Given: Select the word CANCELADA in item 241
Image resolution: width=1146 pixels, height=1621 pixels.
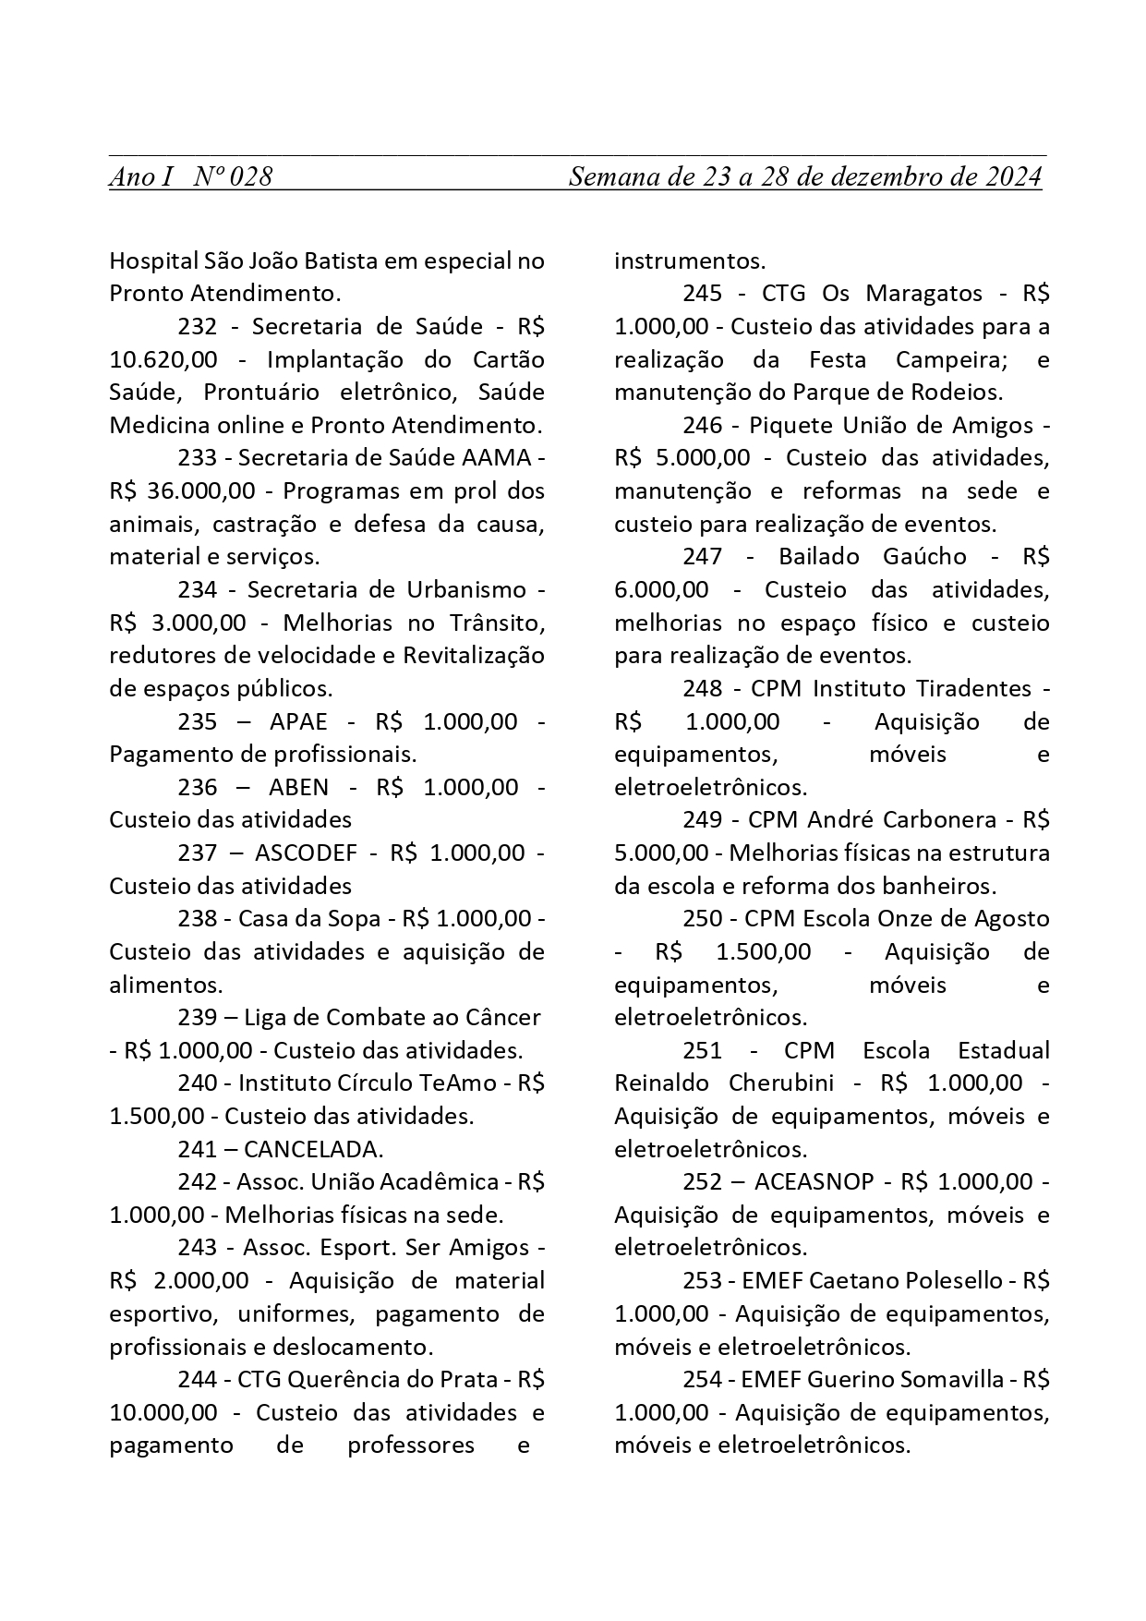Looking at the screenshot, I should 313,1149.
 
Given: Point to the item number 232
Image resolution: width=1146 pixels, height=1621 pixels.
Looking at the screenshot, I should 198,326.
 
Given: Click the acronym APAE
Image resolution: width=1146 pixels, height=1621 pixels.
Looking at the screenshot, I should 298,721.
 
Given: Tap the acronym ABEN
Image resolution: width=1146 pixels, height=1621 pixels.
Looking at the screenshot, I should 298,787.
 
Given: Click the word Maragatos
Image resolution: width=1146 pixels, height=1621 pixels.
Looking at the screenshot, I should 923,294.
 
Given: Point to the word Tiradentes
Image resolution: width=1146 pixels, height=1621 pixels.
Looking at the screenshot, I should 973,688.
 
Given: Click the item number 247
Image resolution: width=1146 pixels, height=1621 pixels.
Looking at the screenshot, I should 702,557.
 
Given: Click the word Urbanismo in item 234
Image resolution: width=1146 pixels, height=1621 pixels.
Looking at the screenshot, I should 465,589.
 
